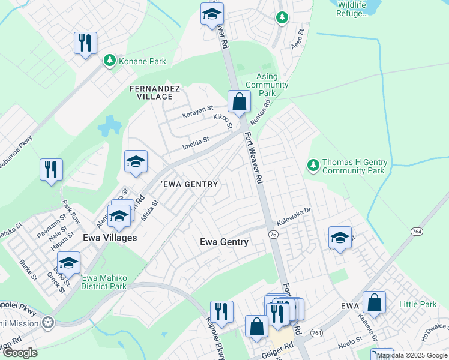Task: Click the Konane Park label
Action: click(142, 61)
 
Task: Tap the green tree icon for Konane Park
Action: click(109, 60)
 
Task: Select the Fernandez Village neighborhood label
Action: click(154, 92)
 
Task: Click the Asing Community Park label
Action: click(267, 85)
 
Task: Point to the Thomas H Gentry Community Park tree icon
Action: click(312, 164)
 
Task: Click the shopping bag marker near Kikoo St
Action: click(239, 102)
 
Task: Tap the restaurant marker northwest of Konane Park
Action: click(85, 43)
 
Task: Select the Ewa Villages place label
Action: click(109, 238)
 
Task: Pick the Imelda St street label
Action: click(196, 143)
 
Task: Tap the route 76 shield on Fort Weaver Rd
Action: click(273, 235)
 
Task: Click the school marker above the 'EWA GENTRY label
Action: click(136, 161)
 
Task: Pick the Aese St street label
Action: click(295, 41)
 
